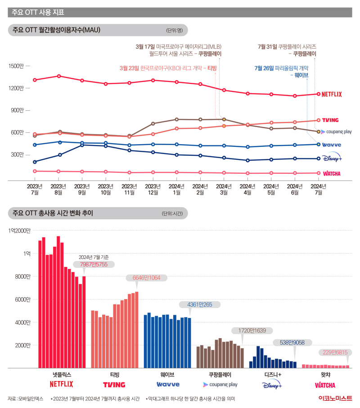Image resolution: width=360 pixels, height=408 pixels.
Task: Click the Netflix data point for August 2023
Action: (x=59, y=76)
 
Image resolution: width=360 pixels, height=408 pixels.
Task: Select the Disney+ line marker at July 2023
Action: (x=35, y=162)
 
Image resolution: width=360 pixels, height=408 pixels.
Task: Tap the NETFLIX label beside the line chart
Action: (x=332, y=94)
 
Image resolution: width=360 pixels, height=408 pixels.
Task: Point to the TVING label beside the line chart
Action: (x=330, y=120)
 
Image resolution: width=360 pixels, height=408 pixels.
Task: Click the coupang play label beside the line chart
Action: (x=336, y=131)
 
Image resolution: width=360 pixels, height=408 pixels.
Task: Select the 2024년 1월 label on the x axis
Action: (x=176, y=190)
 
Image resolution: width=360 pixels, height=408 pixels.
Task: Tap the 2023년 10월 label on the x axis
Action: (x=106, y=190)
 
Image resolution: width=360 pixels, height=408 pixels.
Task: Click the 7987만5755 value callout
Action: (x=94, y=264)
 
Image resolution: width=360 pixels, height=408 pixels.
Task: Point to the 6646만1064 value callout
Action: (x=146, y=278)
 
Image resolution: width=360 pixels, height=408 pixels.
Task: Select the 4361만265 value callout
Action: (x=200, y=304)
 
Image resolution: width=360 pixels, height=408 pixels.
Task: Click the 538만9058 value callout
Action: (x=292, y=342)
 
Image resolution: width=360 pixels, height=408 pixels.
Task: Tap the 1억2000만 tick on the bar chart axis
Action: (x=19, y=231)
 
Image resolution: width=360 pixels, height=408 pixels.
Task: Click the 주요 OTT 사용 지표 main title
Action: (x=38, y=12)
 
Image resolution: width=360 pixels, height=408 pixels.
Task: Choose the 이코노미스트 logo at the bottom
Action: (x=335, y=398)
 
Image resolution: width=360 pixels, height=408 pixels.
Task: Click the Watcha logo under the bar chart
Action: (x=325, y=385)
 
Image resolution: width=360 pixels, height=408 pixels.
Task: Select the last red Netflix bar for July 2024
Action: (x=84, y=322)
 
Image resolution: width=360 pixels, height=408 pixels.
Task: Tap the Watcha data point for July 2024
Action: (x=319, y=173)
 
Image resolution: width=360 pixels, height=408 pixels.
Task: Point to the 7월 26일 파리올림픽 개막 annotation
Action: (x=282, y=68)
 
